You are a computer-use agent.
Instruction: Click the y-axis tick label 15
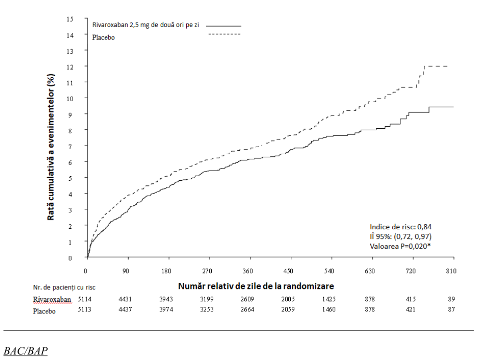[70, 19]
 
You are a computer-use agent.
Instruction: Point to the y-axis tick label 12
[70, 67]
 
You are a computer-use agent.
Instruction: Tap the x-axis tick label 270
[207, 271]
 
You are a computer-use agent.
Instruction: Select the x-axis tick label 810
[451, 271]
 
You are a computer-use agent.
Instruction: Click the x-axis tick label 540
[329, 271]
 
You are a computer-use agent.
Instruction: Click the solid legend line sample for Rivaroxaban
[224, 26]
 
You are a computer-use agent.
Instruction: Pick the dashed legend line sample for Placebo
[225, 34]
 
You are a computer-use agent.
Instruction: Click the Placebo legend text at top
[104, 38]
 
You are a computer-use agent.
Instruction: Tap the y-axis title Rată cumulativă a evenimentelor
[51, 147]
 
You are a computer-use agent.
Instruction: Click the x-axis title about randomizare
[256, 286]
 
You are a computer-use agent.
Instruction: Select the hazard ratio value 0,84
[424, 227]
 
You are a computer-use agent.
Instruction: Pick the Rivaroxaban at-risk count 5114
[85, 299]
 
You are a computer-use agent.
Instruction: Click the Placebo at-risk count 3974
[166, 309]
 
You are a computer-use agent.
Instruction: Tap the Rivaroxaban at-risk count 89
[451, 299]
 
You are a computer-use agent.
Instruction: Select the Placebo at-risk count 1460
[329, 309]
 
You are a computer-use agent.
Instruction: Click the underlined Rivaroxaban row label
[52, 300]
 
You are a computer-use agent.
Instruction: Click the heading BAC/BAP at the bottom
[26, 351]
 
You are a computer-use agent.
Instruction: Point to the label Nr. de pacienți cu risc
[64, 287]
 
